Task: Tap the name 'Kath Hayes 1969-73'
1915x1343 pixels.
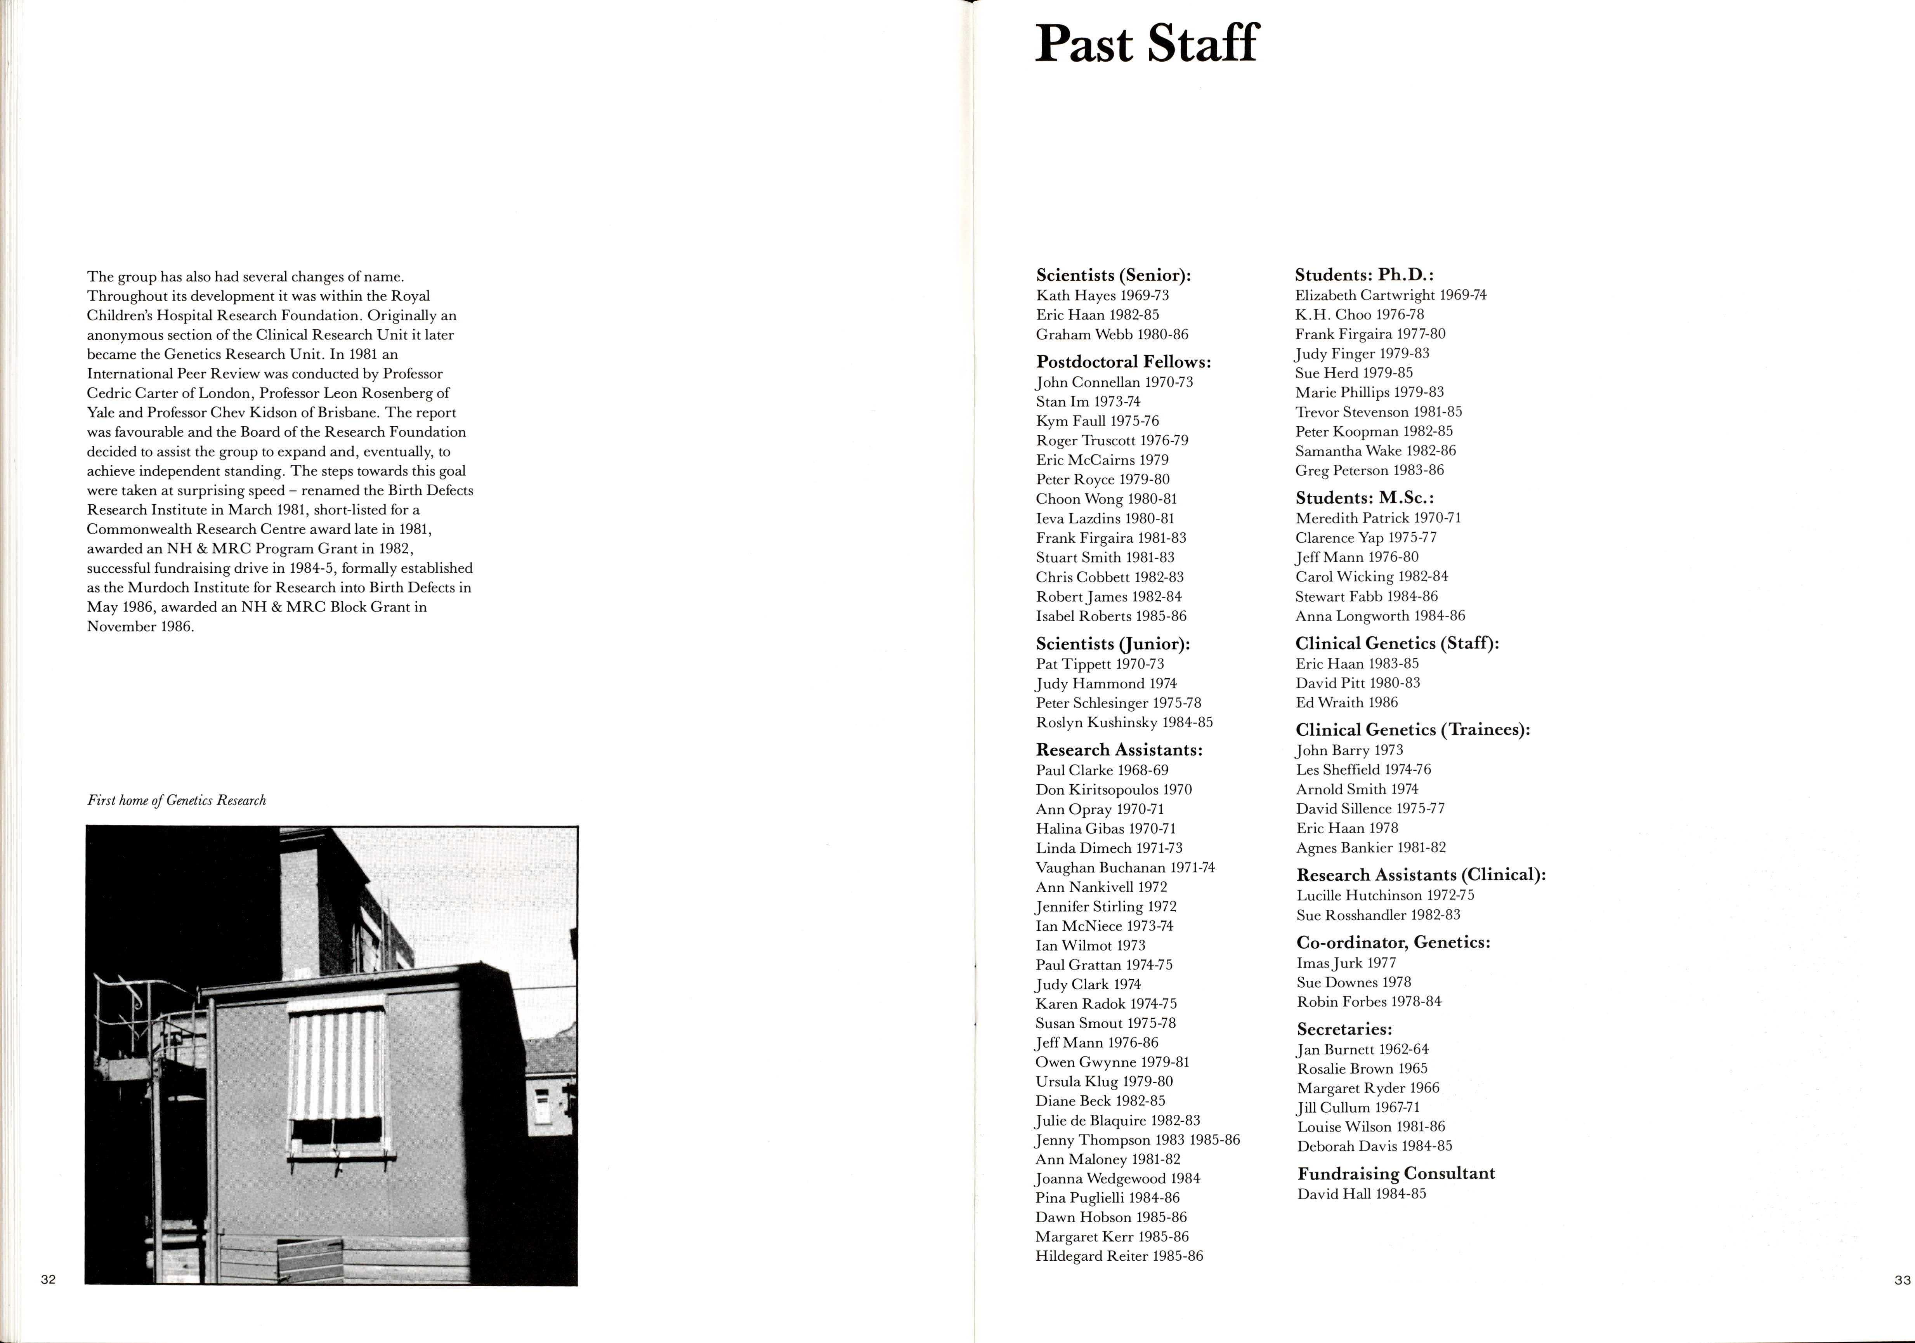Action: click(x=1103, y=295)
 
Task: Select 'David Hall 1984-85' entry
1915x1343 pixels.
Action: click(x=1361, y=1194)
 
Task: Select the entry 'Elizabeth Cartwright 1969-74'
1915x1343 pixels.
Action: click(x=1390, y=295)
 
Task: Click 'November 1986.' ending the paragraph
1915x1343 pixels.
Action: click(x=140, y=626)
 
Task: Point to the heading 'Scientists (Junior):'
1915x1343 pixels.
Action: click(x=1113, y=644)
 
